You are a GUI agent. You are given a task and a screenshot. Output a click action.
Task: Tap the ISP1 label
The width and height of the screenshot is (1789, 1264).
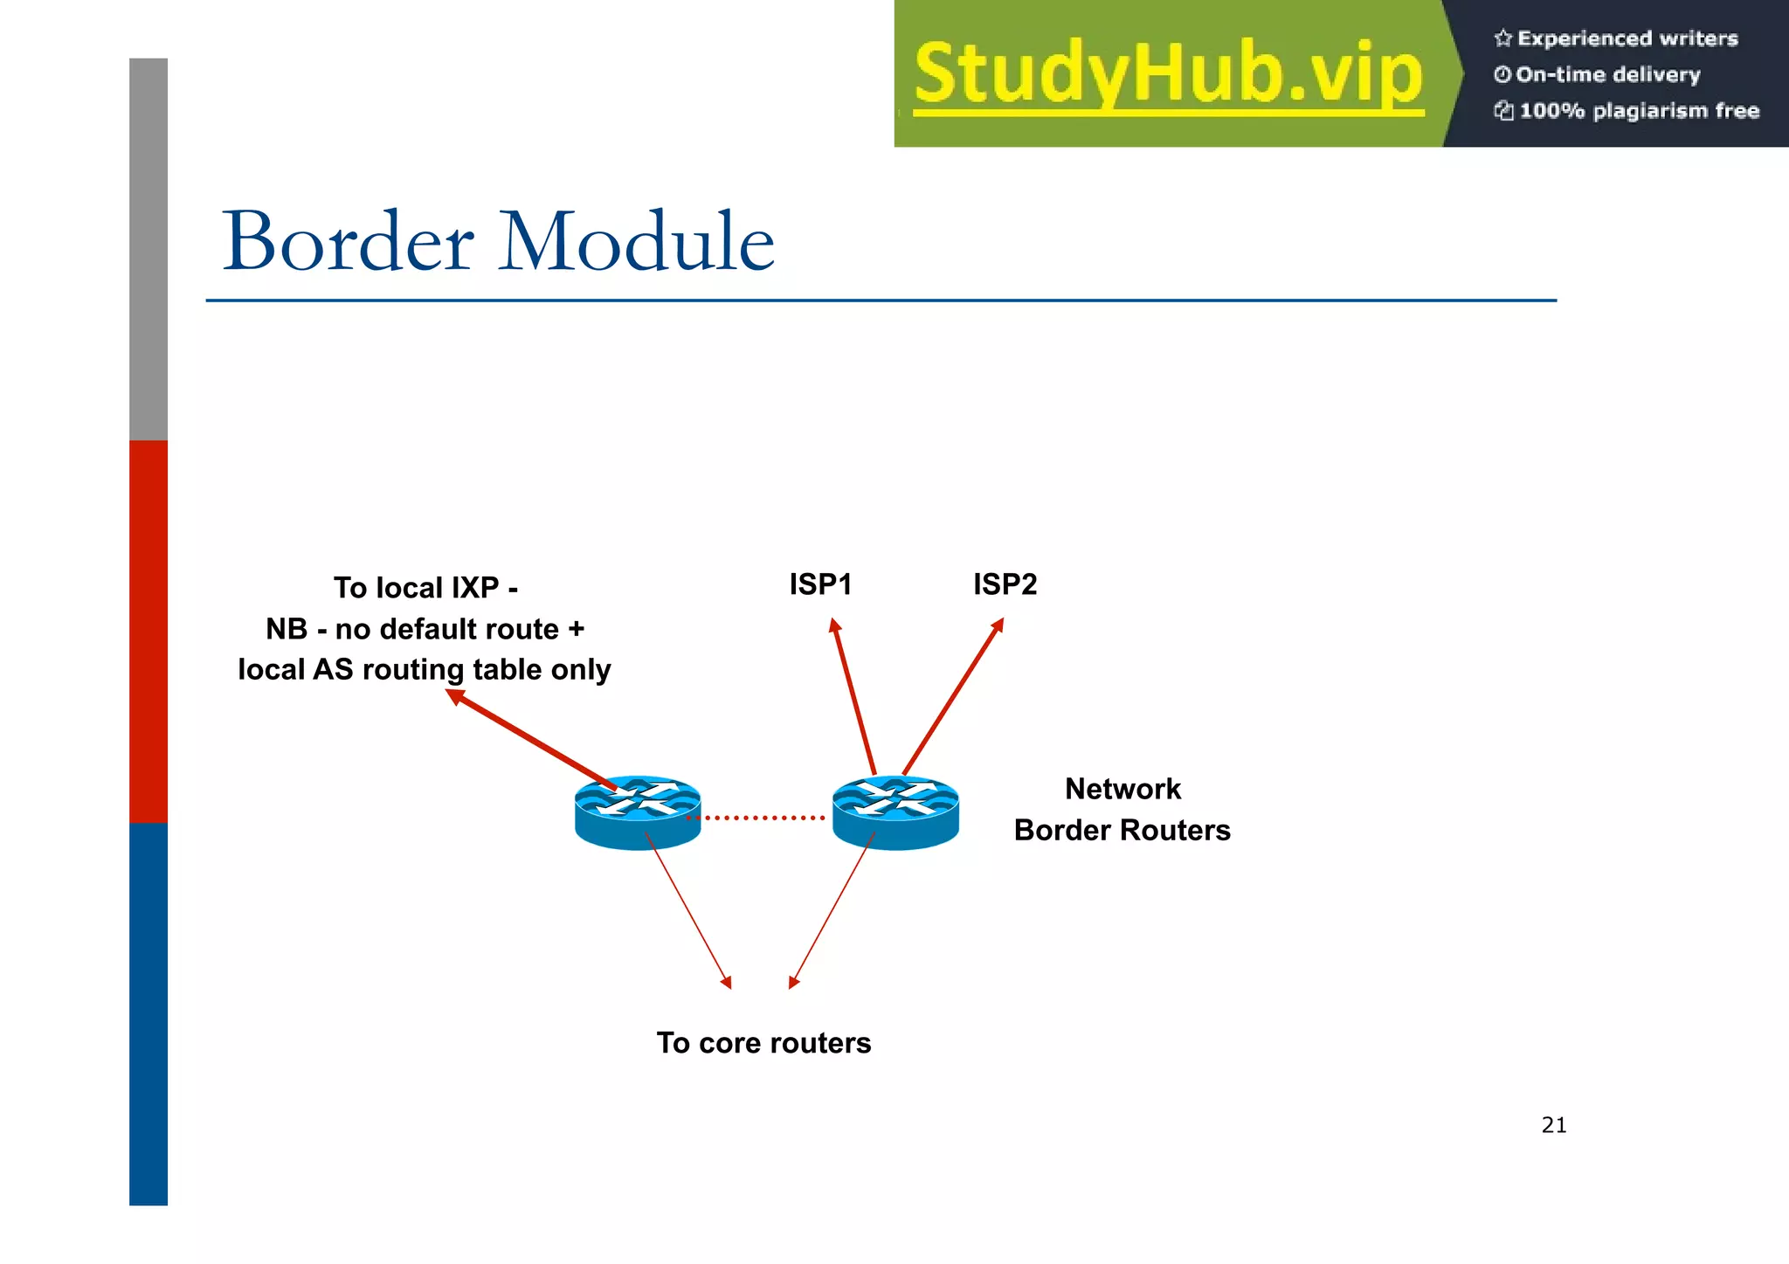[820, 584]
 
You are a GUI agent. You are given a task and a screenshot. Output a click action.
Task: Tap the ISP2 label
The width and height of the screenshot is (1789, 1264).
[1005, 584]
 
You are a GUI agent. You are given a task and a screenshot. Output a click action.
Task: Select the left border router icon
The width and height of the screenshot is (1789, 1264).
[638, 812]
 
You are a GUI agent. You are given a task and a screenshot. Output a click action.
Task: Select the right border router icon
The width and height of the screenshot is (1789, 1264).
[895, 812]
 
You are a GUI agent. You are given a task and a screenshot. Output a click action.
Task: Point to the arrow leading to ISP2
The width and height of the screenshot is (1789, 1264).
[952, 697]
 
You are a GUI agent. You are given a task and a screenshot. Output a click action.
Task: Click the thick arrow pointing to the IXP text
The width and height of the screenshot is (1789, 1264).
[533, 739]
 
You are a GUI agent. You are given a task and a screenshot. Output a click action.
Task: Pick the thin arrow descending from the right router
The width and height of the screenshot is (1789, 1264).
[832, 909]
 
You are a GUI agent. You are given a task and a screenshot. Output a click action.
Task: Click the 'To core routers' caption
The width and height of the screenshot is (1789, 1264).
[763, 1043]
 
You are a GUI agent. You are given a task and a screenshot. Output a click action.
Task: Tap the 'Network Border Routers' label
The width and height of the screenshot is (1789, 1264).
[1122, 810]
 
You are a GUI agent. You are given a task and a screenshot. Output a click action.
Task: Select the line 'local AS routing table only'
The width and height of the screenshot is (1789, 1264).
[425, 670]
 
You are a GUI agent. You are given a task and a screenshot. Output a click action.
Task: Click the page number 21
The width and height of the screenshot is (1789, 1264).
[1554, 1125]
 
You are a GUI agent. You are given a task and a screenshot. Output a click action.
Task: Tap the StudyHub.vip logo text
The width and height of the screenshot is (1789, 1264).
[1168, 73]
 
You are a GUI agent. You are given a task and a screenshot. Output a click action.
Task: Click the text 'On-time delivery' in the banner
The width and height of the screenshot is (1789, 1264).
[1607, 75]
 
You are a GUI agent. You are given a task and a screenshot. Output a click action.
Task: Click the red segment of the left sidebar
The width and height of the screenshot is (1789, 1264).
[149, 631]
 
